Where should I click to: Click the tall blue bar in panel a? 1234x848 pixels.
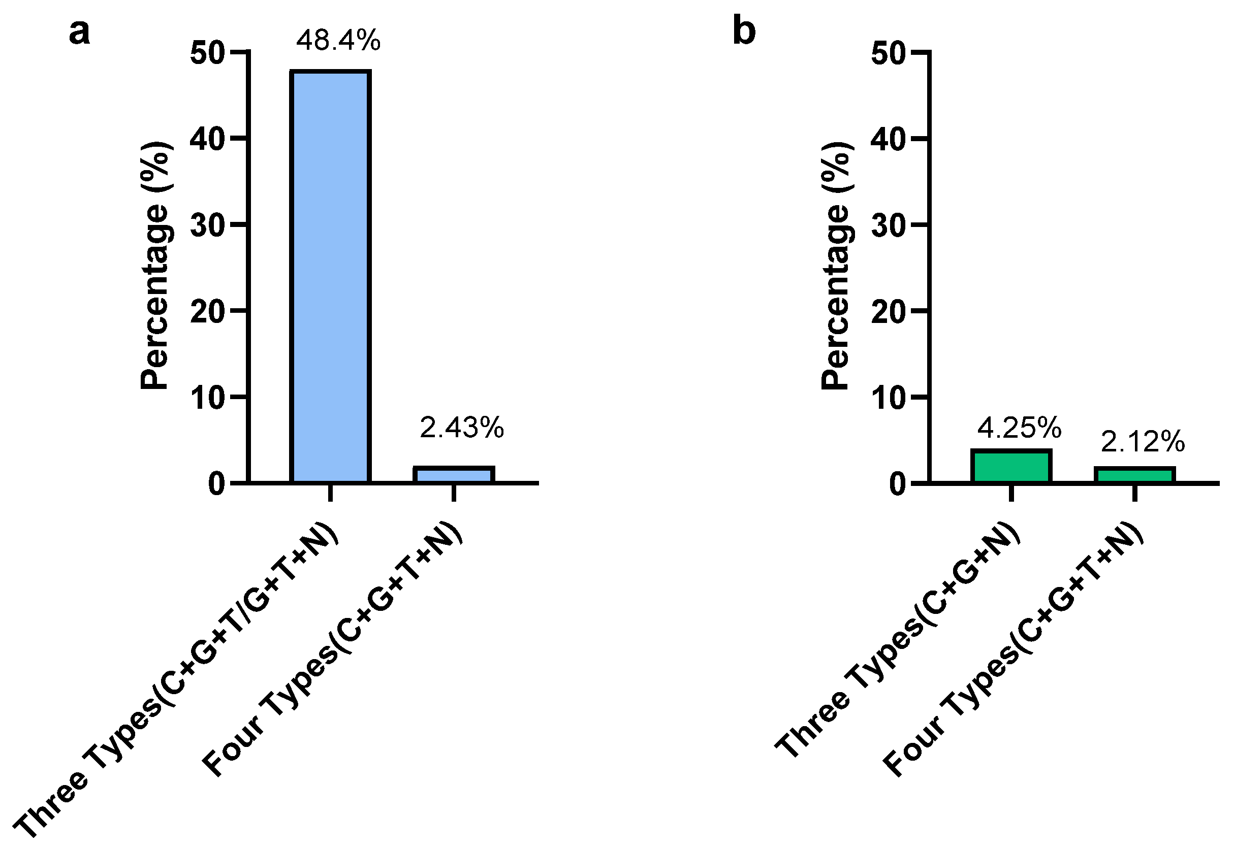point(330,276)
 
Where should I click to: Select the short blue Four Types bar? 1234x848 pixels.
point(453,474)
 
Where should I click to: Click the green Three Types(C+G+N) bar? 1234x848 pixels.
point(1011,467)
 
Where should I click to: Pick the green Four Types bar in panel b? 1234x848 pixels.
point(1134,474)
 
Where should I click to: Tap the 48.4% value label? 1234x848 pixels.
point(338,41)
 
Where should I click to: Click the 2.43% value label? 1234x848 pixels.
point(461,428)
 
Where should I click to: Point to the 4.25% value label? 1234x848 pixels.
point(1019,428)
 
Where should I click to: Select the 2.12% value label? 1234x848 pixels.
point(1142,442)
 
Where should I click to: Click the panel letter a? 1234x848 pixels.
point(79,32)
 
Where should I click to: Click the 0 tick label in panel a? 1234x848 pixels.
point(217,484)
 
